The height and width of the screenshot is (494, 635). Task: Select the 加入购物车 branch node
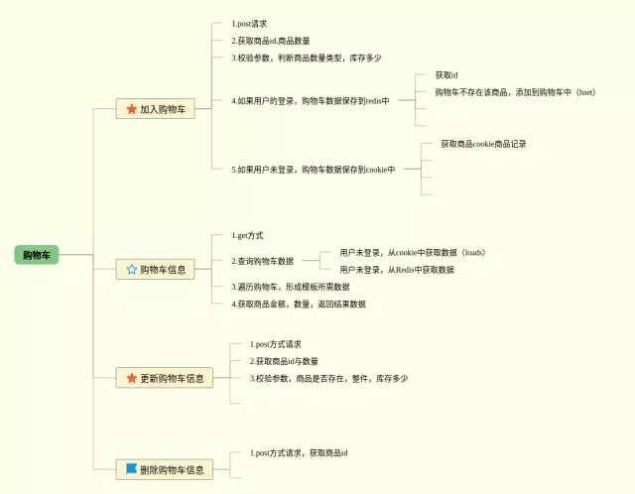point(155,109)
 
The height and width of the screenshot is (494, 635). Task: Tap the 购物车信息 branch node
point(155,269)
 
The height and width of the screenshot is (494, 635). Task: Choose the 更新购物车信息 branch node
point(165,378)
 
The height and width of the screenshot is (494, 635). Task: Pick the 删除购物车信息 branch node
point(165,469)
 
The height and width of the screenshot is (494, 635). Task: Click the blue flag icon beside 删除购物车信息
point(131,468)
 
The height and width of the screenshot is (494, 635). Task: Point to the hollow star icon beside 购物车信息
point(131,269)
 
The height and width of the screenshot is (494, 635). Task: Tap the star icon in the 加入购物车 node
point(131,109)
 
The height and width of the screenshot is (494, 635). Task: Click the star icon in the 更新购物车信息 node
point(131,378)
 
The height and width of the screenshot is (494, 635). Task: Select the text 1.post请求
point(249,23)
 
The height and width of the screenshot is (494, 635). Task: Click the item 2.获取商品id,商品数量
point(271,41)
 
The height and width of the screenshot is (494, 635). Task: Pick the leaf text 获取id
point(445,75)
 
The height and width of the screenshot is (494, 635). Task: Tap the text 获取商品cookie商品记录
point(483,144)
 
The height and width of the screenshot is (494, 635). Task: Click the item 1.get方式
point(247,235)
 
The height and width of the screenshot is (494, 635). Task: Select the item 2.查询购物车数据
point(263,261)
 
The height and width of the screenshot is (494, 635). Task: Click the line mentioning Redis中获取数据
point(397,270)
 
